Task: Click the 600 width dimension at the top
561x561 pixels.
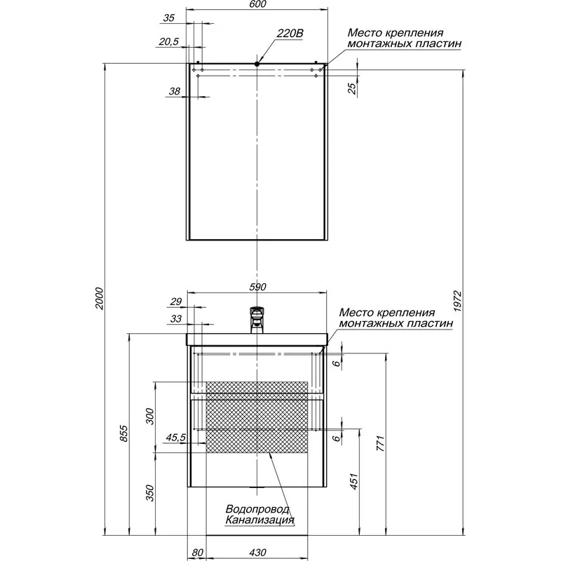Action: [x=258, y=6]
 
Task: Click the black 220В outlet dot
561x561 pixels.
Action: [x=258, y=64]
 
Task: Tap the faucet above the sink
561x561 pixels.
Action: [x=258, y=318]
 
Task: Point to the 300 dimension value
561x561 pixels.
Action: [x=149, y=417]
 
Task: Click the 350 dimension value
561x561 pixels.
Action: [x=149, y=493]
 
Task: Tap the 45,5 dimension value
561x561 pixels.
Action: [x=175, y=438]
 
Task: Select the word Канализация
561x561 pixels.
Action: [x=259, y=520]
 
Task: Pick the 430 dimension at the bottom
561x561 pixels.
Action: [x=258, y=553]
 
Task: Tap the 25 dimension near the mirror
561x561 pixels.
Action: [x=353, y=87]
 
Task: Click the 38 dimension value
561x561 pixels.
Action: [x=175, y=91]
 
